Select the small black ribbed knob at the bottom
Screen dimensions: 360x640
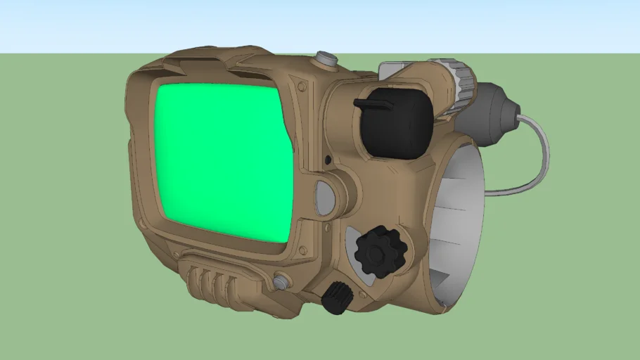tap(337, 297)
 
